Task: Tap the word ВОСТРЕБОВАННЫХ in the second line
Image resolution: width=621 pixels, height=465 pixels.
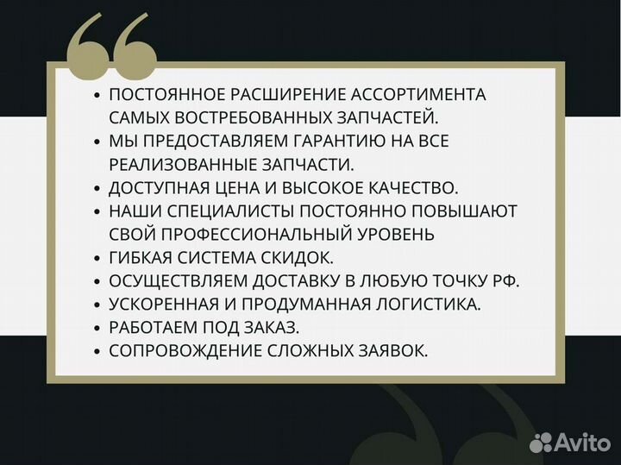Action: [250, 116]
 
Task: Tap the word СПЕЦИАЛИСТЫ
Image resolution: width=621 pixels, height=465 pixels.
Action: [232, 211]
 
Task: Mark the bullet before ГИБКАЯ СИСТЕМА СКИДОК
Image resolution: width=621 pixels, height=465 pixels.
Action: [97, 257]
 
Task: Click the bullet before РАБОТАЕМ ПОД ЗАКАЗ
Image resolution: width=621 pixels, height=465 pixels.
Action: [97, 327]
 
